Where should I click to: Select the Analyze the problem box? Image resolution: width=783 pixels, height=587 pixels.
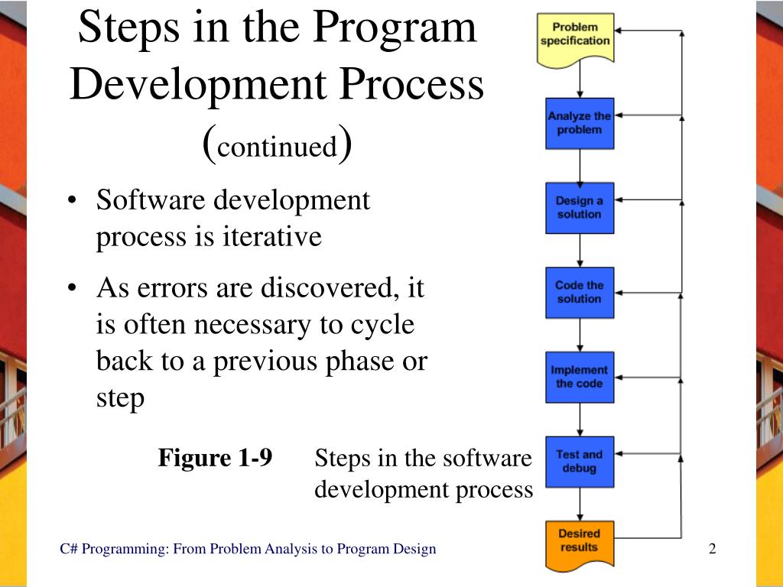click(x=579, y=123)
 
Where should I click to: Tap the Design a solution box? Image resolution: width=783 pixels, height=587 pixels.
click(x=579, y=208)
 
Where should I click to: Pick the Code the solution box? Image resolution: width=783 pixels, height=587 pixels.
click(x=579, y=292)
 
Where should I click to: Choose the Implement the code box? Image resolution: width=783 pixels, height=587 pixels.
click(x=579, y=377)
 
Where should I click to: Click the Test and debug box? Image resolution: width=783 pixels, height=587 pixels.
click(x=579, y=462)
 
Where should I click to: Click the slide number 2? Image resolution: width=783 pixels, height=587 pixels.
click(x=712, y=549)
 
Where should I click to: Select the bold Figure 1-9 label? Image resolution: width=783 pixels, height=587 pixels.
click(x=215, y=458)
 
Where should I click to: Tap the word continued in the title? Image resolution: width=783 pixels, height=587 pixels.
click(x=277, y=145)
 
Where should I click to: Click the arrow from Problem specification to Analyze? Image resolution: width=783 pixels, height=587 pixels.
click(x=580, y=83)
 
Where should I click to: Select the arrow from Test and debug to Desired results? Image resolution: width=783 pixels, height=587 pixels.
click(x=580, y=504)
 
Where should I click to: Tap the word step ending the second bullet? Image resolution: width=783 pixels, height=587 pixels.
click(x=120, y=398)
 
